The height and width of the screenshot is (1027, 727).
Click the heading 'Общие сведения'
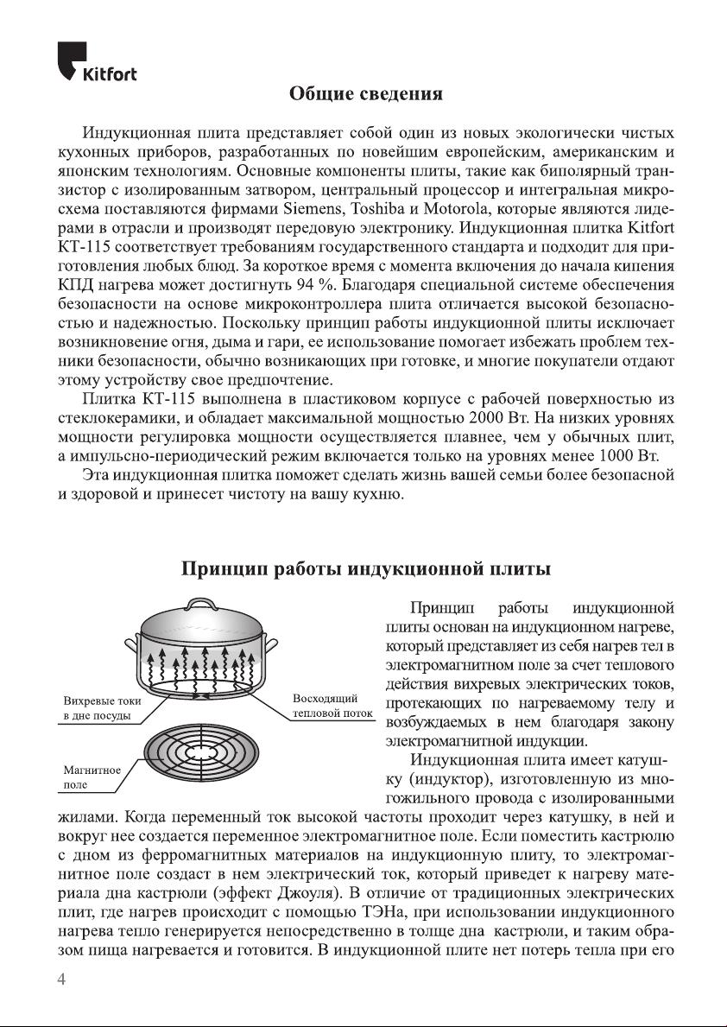365,93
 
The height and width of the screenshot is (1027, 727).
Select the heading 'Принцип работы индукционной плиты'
365,569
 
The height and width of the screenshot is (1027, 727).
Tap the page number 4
61,979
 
